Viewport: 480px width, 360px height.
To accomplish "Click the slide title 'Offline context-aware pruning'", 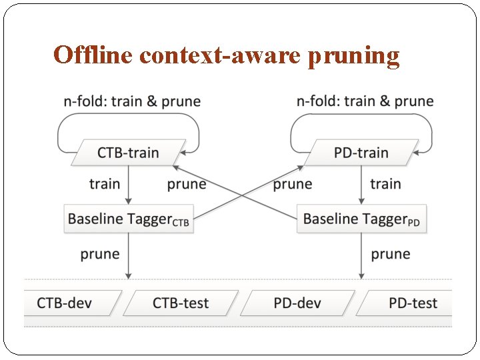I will pos(227,55).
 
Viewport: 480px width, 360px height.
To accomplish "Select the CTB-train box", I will pos(128,153).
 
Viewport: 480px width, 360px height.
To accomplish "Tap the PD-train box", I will pos(361,153).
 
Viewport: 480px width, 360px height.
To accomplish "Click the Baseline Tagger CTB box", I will pos(129,219).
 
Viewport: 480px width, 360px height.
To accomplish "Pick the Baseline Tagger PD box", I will pos(361,219).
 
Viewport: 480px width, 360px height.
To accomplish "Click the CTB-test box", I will pos(181,303).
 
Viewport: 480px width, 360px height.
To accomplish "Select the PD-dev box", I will pos(298,303).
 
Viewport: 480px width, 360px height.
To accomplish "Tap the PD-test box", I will pos(408,303).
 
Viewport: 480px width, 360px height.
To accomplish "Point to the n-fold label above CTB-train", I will pos(132,101).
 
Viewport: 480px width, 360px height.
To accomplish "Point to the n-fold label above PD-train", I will pos(365,101).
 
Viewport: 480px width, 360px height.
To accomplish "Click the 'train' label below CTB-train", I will pos(105,184).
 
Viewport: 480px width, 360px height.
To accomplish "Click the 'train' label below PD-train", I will pos(385,184).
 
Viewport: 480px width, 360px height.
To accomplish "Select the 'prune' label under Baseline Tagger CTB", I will pos(100,254).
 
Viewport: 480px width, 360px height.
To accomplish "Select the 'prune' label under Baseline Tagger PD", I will pos(391,254).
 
